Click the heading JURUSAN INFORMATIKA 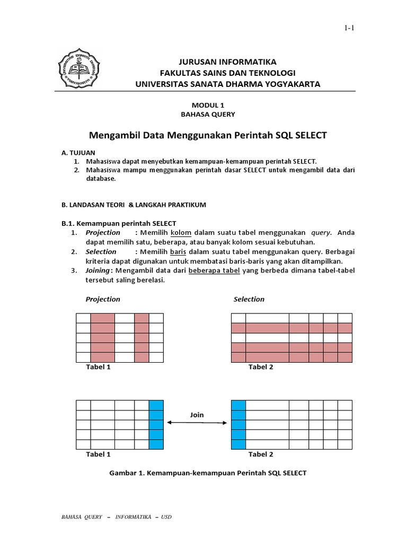[x=222, y=62]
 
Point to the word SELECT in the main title [x=308, y=135]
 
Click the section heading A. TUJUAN [x=78, y=152]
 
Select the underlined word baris [x=178, y=251]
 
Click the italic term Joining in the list [x=98, y=270]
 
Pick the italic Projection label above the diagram [x=103, y=299]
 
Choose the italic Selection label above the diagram [x=249, y=299]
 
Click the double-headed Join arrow [x=197, y=423]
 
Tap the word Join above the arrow [x=197, y=415]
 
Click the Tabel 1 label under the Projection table [x=98, y=367]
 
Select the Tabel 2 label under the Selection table [x=261, y=367]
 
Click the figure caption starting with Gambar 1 [x=207, y=472]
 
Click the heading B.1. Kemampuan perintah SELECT [x=119, y=223]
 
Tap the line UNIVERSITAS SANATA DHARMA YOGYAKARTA [x=227, y=84]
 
